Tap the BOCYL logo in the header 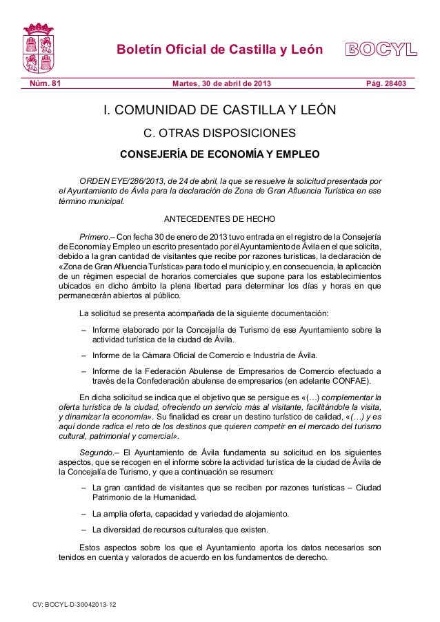(381, 50)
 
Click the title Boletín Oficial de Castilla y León (219, 50)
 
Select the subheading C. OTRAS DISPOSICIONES (219, 133)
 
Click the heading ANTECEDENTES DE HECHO (219, 220)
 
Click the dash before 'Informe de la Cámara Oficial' (83, 355)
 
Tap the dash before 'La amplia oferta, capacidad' (83, 514)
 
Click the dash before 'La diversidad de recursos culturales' (83, 530)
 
